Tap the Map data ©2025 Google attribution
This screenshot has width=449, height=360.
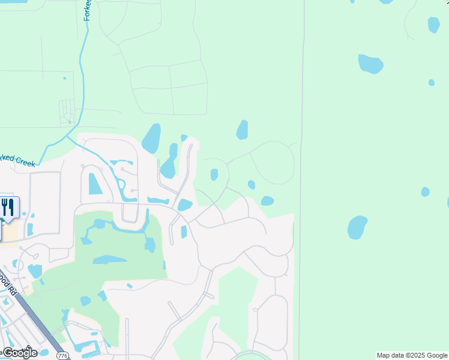412,355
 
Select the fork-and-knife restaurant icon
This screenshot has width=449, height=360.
8,208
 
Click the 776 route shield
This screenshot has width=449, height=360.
62,356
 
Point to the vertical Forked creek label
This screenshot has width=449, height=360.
87,10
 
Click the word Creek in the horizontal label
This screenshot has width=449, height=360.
25,161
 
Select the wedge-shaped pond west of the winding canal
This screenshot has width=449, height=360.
95,184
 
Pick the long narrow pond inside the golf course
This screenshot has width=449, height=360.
109,260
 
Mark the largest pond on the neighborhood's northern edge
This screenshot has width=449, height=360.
151,139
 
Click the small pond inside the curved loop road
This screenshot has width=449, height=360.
214,175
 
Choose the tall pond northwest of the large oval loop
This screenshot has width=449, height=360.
242,130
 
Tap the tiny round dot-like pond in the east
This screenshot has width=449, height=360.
431,82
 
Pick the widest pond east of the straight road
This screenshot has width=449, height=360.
370,63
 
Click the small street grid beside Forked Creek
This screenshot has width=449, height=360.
67,112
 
